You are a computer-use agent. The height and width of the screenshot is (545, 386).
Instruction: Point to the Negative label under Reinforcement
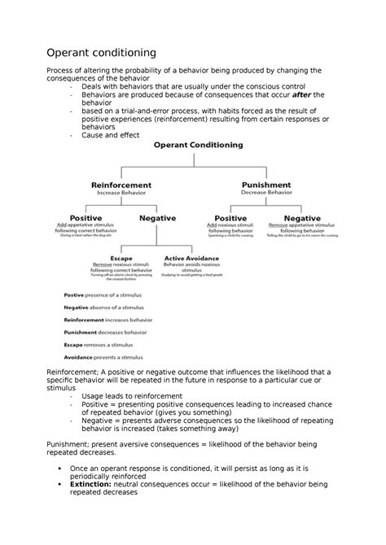pos(157,218)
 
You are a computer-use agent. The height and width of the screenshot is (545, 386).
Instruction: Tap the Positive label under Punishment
pos(230,218)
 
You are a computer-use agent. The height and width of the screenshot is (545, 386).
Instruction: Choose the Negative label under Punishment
pos(301,218)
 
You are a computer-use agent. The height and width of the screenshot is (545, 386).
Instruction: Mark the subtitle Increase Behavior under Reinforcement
pos(121,194)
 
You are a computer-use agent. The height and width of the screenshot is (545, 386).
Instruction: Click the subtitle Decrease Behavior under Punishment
pos(266,194)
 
